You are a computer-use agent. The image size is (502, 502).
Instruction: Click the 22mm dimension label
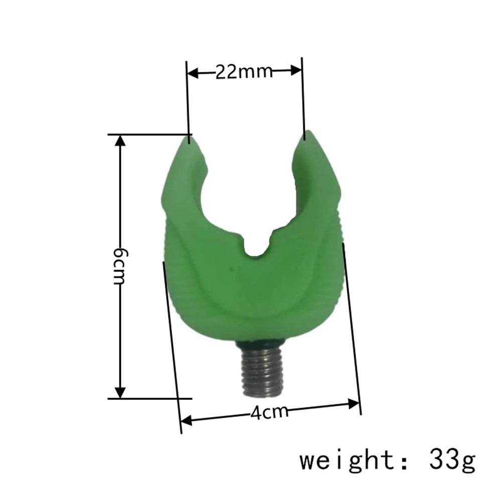[244, 72]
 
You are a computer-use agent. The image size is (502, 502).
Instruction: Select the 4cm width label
[270, 412]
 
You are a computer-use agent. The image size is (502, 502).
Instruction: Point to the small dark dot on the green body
[231, 269]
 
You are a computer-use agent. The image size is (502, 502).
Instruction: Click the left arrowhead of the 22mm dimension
[191, 74]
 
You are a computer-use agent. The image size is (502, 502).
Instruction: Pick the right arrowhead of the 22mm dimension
[298, 71]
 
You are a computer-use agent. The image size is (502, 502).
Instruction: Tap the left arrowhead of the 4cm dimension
[185, 420]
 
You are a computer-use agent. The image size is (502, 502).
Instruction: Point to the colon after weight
[400, 460]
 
